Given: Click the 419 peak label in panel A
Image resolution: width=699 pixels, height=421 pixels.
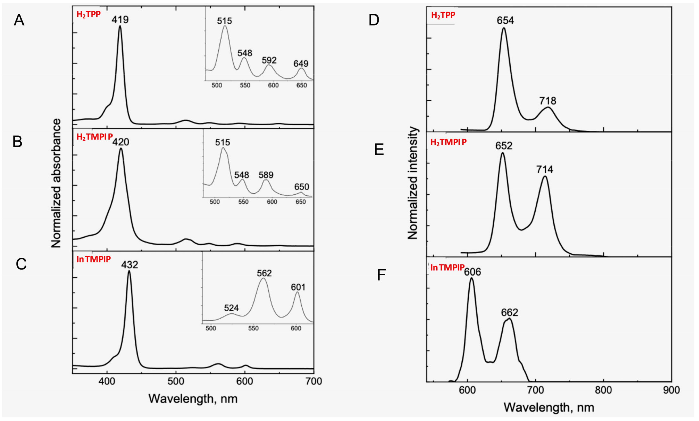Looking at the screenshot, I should [x=120, y=20].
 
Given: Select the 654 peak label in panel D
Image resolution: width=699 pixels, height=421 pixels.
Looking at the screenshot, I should [x=505, y=20].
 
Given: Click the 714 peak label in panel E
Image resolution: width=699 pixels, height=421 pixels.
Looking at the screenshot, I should [x=545, y=169].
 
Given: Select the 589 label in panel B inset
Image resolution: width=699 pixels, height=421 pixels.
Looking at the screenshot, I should [x=266, y=175].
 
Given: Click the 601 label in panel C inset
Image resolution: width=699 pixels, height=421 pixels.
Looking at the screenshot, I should [x=298, y=287].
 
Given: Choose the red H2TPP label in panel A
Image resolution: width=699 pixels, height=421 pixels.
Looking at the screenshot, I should [x=88, y=14].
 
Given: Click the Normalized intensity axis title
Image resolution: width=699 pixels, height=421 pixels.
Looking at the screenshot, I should [x=413, y=183].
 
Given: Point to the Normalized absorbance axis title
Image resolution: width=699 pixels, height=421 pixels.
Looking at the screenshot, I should [x=56, y=183].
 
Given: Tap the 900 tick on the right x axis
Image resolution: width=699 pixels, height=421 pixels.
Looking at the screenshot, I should [x=671, y=390].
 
